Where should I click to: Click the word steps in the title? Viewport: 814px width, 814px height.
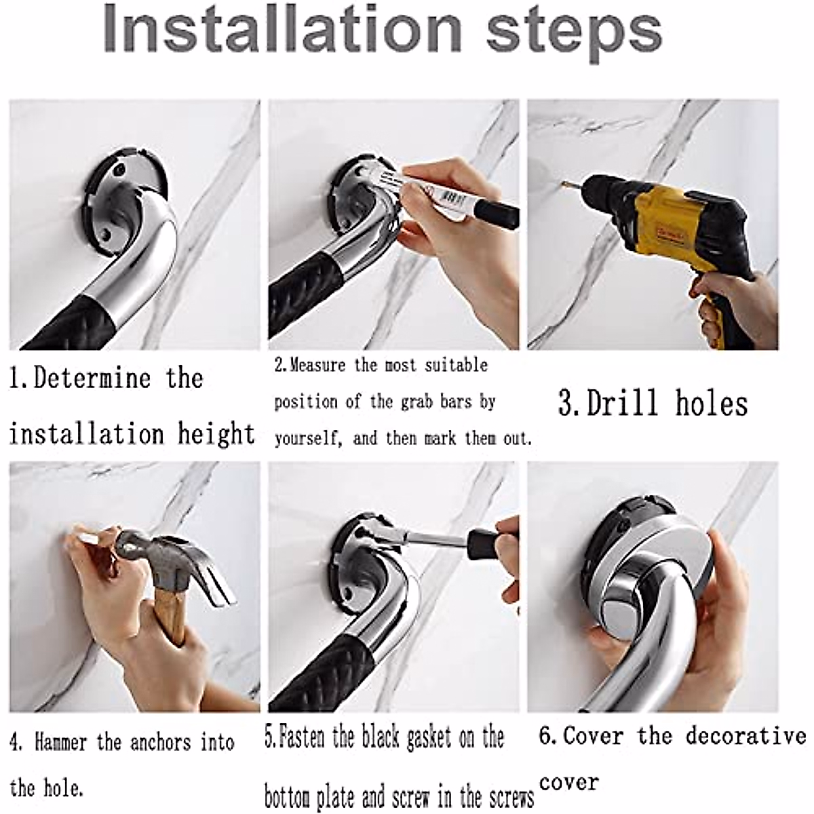click(574, 34)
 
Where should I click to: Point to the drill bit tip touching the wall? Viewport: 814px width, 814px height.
click(562, 184)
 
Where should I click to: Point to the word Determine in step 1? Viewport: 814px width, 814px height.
click(92, 378)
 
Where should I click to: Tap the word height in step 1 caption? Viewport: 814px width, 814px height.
click(216, 434)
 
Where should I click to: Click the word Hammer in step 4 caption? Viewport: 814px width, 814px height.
click(61, 719)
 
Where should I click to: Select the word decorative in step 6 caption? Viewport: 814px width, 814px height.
click(746, 712)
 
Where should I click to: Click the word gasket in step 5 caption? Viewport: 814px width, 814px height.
click(429, 714)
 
